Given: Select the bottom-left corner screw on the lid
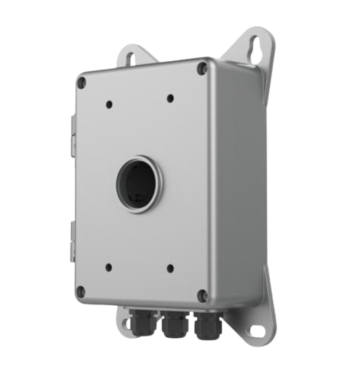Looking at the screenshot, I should [x=81, y=292].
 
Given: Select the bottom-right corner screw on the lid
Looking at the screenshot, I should [x=203, y=295].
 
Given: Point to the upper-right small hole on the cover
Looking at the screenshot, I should [x=169, y=98].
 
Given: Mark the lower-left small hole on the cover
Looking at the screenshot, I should [x=107, y=267].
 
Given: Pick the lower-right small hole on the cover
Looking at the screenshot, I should [x=169, y=268].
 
